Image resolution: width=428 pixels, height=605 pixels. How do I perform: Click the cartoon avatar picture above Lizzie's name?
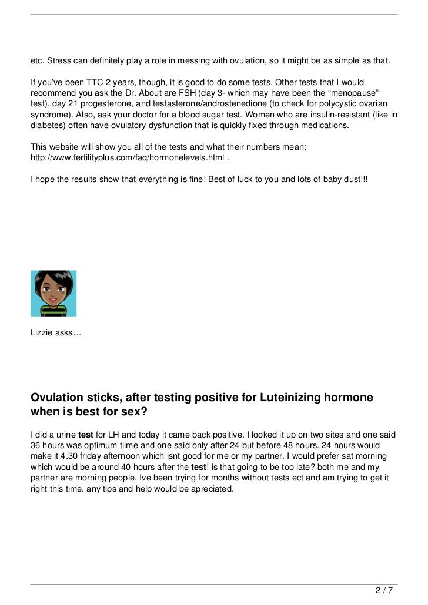[x=53, y=293]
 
